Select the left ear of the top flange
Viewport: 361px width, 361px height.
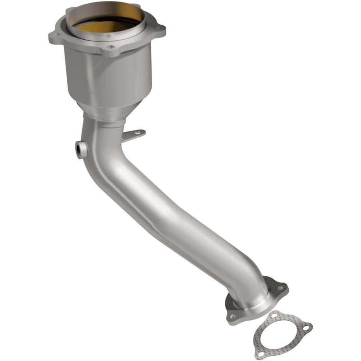coord(56,34)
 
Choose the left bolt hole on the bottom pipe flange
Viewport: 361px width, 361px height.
coord(232,317)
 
